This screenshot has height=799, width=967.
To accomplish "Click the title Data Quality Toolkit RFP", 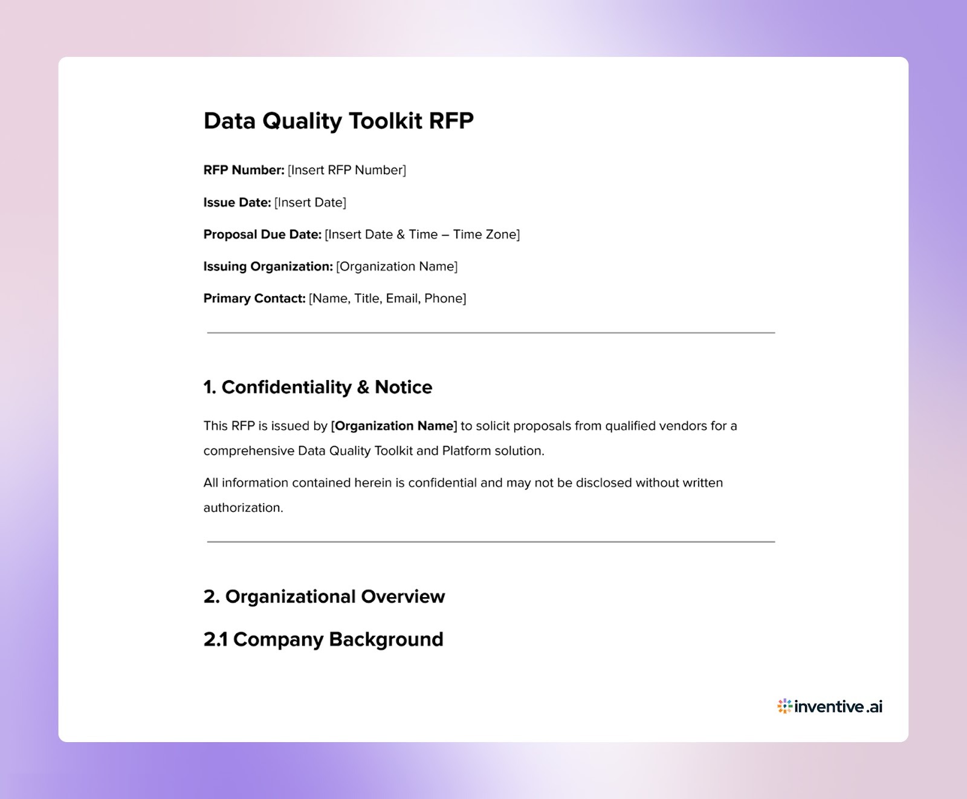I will [x=338, y=121].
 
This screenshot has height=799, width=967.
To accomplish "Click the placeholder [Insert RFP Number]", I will [x=347, y=170].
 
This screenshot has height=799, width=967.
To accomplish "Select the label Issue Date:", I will [x=237, y=202].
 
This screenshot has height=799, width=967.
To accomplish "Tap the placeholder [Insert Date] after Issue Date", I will [x=310, y=202].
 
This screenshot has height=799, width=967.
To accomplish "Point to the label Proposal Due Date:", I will [x=262, y=235].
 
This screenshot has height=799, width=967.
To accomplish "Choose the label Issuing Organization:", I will [x=268, y=267].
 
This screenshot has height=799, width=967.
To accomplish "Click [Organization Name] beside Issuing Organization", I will [x=396, y=267].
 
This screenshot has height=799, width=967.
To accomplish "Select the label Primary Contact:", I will [x=254, y=299].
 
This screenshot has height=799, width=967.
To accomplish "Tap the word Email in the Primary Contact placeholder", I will [x=402, y=299].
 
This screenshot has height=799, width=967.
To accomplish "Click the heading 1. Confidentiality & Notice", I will [x=318, y=387].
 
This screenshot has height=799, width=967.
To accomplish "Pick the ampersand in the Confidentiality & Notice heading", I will [x=363, y=387].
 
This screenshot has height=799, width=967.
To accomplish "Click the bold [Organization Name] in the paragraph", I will [x=394, y=426].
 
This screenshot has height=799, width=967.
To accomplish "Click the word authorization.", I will [x=243, y=508].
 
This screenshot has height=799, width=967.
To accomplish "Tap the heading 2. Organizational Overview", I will [x=324, y=597].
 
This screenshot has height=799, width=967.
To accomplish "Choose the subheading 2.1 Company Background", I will [x=323, y=639].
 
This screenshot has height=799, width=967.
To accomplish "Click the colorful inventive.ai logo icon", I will [x=784, y=707].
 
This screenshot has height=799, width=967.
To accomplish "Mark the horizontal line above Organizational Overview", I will [x=491, y=542].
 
